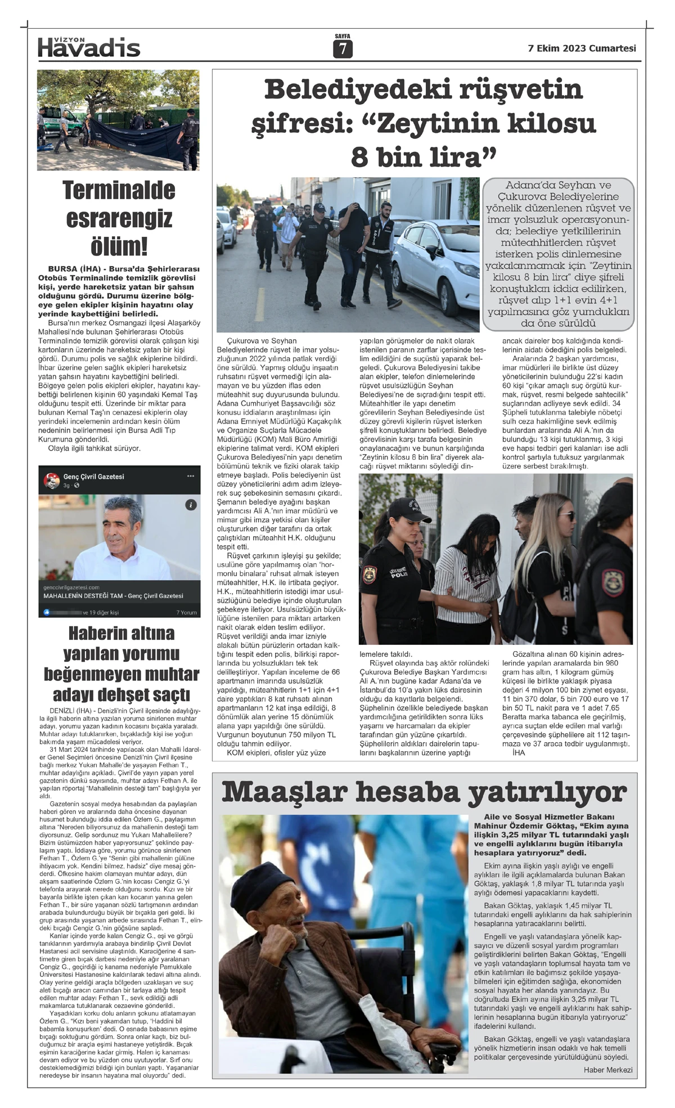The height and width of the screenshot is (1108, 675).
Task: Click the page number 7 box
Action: coord(342,50)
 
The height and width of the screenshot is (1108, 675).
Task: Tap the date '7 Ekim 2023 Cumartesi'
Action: coord(582,48)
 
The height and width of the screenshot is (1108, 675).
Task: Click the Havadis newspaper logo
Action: coord(89,48)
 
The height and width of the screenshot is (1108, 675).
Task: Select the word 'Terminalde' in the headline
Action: coord(119,190)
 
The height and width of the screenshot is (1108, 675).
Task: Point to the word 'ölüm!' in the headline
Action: coord(119,246)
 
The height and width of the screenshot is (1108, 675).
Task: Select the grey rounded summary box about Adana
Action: coord(558,254)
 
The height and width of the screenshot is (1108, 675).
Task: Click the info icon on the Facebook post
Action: coord(191,505)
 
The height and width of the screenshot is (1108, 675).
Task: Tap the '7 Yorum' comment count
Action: coord(186,612)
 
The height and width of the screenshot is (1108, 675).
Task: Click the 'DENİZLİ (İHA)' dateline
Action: coord(70,711)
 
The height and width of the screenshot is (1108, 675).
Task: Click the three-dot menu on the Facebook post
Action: coord(190,476)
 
